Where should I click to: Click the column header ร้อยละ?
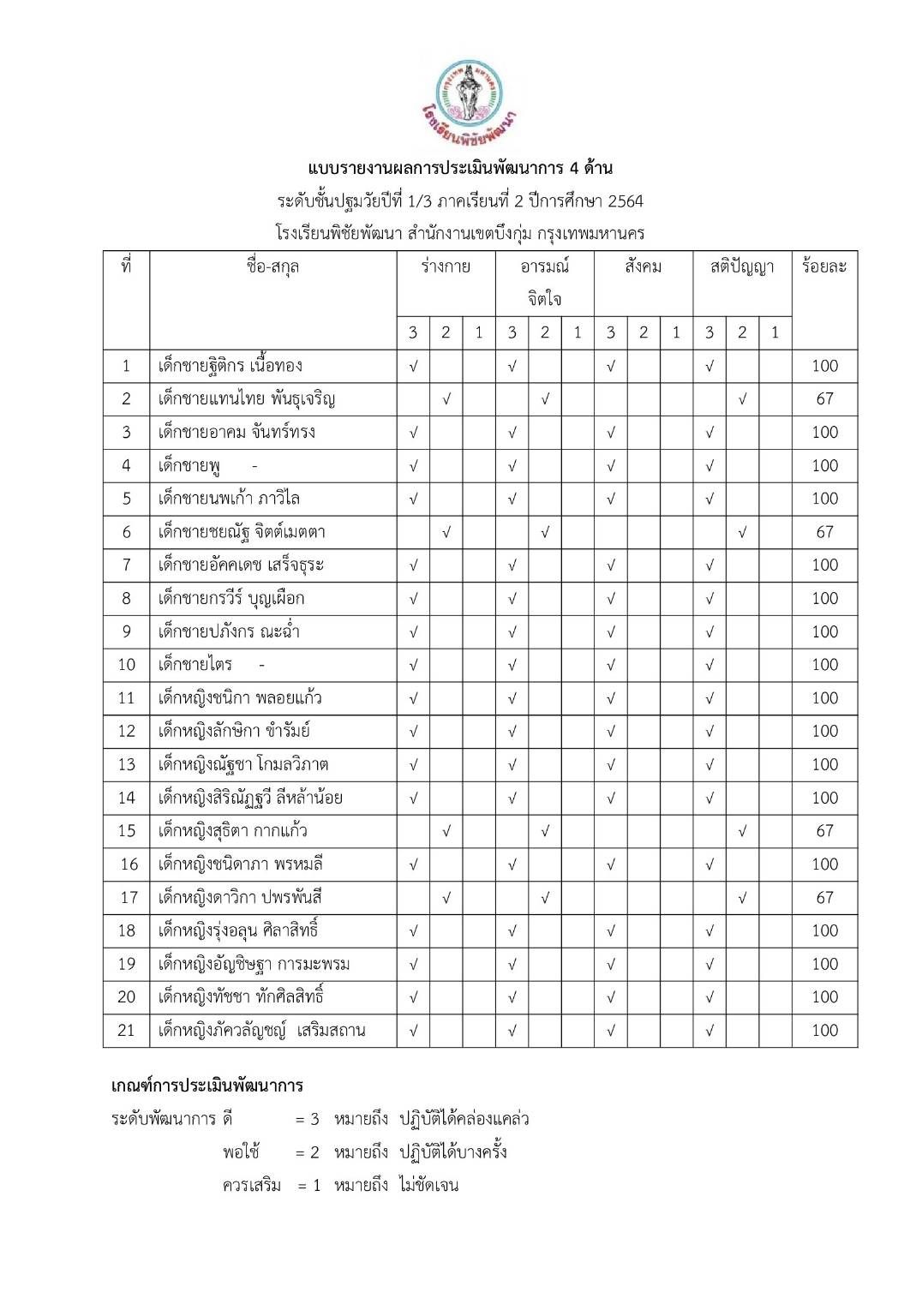pyautogui.click(x=823, y=266)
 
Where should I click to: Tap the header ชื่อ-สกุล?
pyautogui.click(x=272, y=266)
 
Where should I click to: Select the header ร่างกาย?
pyautogui.click(x=446, y=266)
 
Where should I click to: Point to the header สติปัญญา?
pyautogui.click(x=741, y=266)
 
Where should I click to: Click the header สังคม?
pyautogui.click(x=643, y=266)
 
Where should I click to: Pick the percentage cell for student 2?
pyautogui.click(x=824, y=398)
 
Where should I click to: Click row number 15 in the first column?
pyautogui.click(x=127, y=831)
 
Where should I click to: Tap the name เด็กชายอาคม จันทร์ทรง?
pyautogui.click(x=236, y=432)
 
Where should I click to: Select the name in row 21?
pyautogui.click(x=261, y=1030)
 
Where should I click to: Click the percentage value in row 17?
pyautogui.click(x=824, y=898)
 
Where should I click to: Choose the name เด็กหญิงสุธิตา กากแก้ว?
pyautogui.click(x=232, y=831)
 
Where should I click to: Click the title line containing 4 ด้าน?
pyautogui.click(x=460, y=168)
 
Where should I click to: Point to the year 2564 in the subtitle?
pyautogui.click(x=625, y=201)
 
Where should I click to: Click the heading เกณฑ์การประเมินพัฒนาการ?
pyautogui.click(x=207, y=1086)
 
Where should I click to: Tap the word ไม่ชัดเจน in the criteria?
pyautogui.click(x=428, y=1186)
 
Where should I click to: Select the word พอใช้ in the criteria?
pyautogui.click(x=241, y=1152)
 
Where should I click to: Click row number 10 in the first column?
pyautogui.click(x=127, y=665)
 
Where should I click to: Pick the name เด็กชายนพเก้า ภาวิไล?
pyautogui.click(x=229, y=499)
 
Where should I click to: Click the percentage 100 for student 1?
pyautogui.click(x=824, y=366)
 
